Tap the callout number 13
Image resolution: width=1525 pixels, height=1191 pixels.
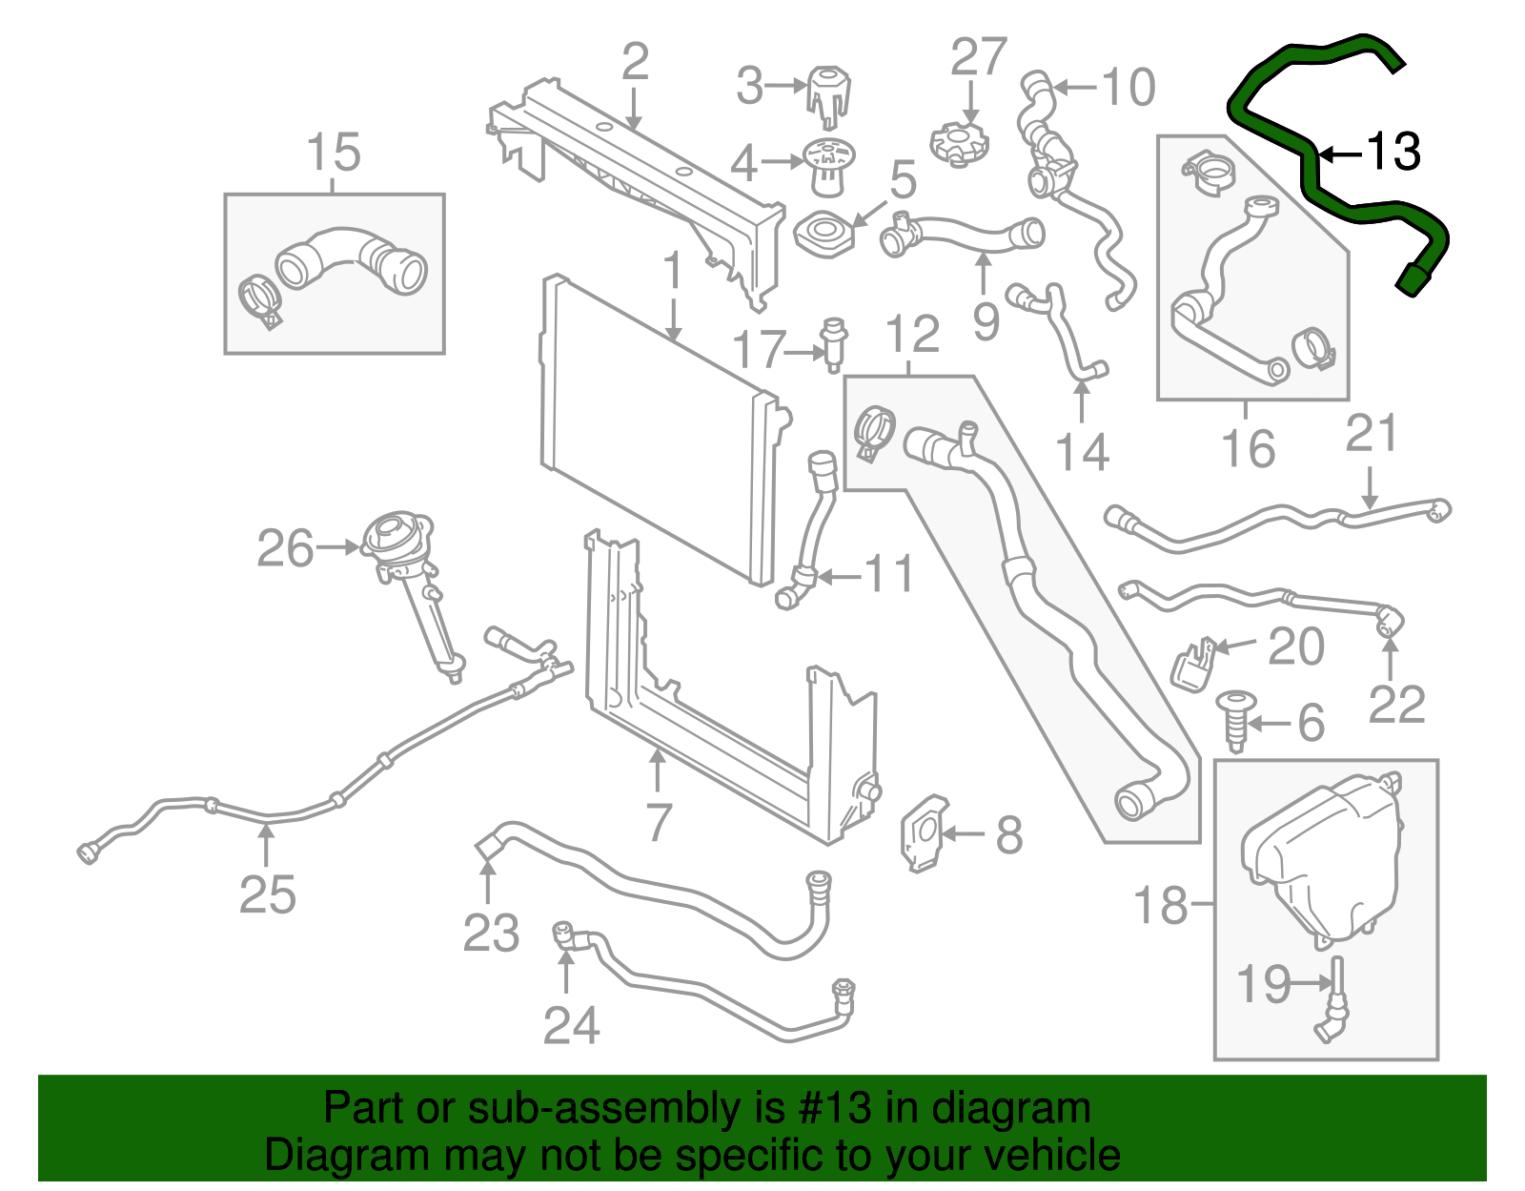tap(1393, 153)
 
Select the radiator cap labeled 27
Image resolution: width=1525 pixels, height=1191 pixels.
tap(959, 143)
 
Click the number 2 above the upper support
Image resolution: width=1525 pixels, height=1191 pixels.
tap(635, 63)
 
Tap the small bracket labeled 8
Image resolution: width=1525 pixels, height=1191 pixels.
tap(923, 833)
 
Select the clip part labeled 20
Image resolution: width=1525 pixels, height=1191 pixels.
tap(1193, 664)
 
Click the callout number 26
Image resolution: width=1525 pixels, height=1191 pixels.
tap(285, 549)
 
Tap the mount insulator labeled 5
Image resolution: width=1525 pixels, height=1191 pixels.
tap(823, 235)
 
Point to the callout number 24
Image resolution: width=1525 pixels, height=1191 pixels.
tap(571, 1026)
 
